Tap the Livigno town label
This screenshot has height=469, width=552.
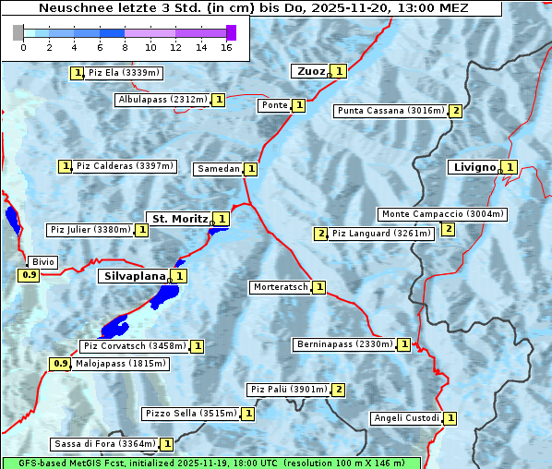(x=473, y=167)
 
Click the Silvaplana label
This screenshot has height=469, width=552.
(x=134, y=276)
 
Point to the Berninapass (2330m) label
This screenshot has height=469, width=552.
(x=344, y=344)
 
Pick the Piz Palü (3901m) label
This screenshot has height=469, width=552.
(x=288, y=390)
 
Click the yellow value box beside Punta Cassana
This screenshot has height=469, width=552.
(x=455, y=111)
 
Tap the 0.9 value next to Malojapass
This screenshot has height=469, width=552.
(x=60, y=364)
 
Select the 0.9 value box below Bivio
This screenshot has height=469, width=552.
(x=29, y=275)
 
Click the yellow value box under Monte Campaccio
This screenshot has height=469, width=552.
(x=448, y=229)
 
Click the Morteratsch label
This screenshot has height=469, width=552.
(x=281, y=287)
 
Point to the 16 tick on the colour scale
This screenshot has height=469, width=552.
(x=226, y=46)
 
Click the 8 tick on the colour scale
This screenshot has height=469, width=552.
(x=125, y=46)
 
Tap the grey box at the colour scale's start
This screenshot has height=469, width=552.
(x=18, y=32)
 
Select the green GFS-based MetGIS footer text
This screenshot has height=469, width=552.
(x=210, y=463)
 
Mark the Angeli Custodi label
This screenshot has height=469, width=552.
(x=406, y=418)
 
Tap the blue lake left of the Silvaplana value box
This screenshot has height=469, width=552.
(x=166, y=295)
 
